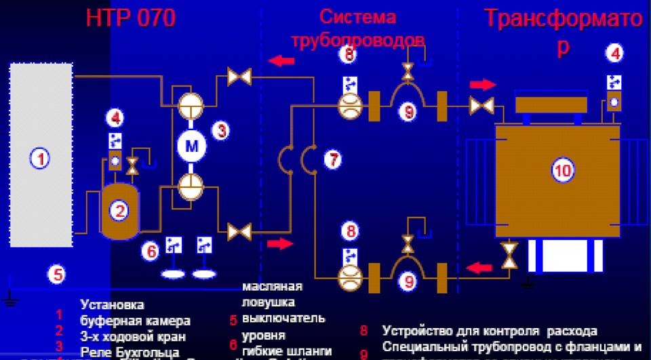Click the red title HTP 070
(130, 18)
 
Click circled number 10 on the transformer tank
(562, 171)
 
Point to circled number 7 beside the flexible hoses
(333, 160)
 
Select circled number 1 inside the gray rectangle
(40, 159)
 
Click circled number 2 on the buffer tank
(120, 211)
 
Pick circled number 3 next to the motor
(221, 131)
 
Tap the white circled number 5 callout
(58, 275)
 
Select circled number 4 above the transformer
(614, 52)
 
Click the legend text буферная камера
(135, 321)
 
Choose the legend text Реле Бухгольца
(130, 352)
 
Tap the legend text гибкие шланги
(287, 351)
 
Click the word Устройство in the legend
(414, 332)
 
